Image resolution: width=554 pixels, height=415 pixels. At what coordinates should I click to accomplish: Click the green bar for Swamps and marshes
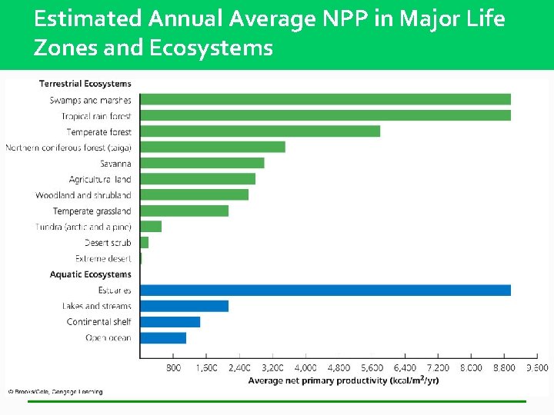[x=325, y=99]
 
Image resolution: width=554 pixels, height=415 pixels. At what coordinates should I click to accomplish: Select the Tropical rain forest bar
[x=325, y=115]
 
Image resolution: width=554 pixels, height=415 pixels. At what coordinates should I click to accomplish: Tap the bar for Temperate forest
[x=259, y=131]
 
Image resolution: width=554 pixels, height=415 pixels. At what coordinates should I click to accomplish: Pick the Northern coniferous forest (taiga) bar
[x=212, y=147]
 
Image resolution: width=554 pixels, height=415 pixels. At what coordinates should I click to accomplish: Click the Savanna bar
[x=202, y=163]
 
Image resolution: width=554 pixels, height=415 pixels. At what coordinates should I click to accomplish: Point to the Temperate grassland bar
[x=184, y=211]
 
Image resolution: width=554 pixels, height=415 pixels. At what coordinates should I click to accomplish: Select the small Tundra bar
[x=151, y=227]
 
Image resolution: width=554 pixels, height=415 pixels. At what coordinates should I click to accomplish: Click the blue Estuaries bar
[x=325, y=290]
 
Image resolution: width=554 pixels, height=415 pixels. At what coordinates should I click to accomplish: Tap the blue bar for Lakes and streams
[x=184, y=306]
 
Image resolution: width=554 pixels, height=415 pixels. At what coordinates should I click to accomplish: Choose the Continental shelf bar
[x=169, y=322]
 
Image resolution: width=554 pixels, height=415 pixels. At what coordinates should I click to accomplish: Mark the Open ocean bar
[x=162, y=337]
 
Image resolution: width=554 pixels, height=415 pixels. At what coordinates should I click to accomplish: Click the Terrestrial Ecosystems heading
[x=85, y=84]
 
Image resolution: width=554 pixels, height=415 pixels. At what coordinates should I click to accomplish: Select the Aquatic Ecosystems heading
[x=90, y=274]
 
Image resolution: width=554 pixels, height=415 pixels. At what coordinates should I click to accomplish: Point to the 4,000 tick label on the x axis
[x=305, y=368]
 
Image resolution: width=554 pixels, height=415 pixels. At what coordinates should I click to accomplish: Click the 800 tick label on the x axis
[x=174, y=368]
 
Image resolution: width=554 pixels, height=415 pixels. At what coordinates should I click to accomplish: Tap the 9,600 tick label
[x=536, y=368]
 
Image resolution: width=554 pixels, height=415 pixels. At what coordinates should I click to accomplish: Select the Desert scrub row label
[x=108, y=243]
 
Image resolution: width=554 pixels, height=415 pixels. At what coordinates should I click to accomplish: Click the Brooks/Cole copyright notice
[x=55, y=392]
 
